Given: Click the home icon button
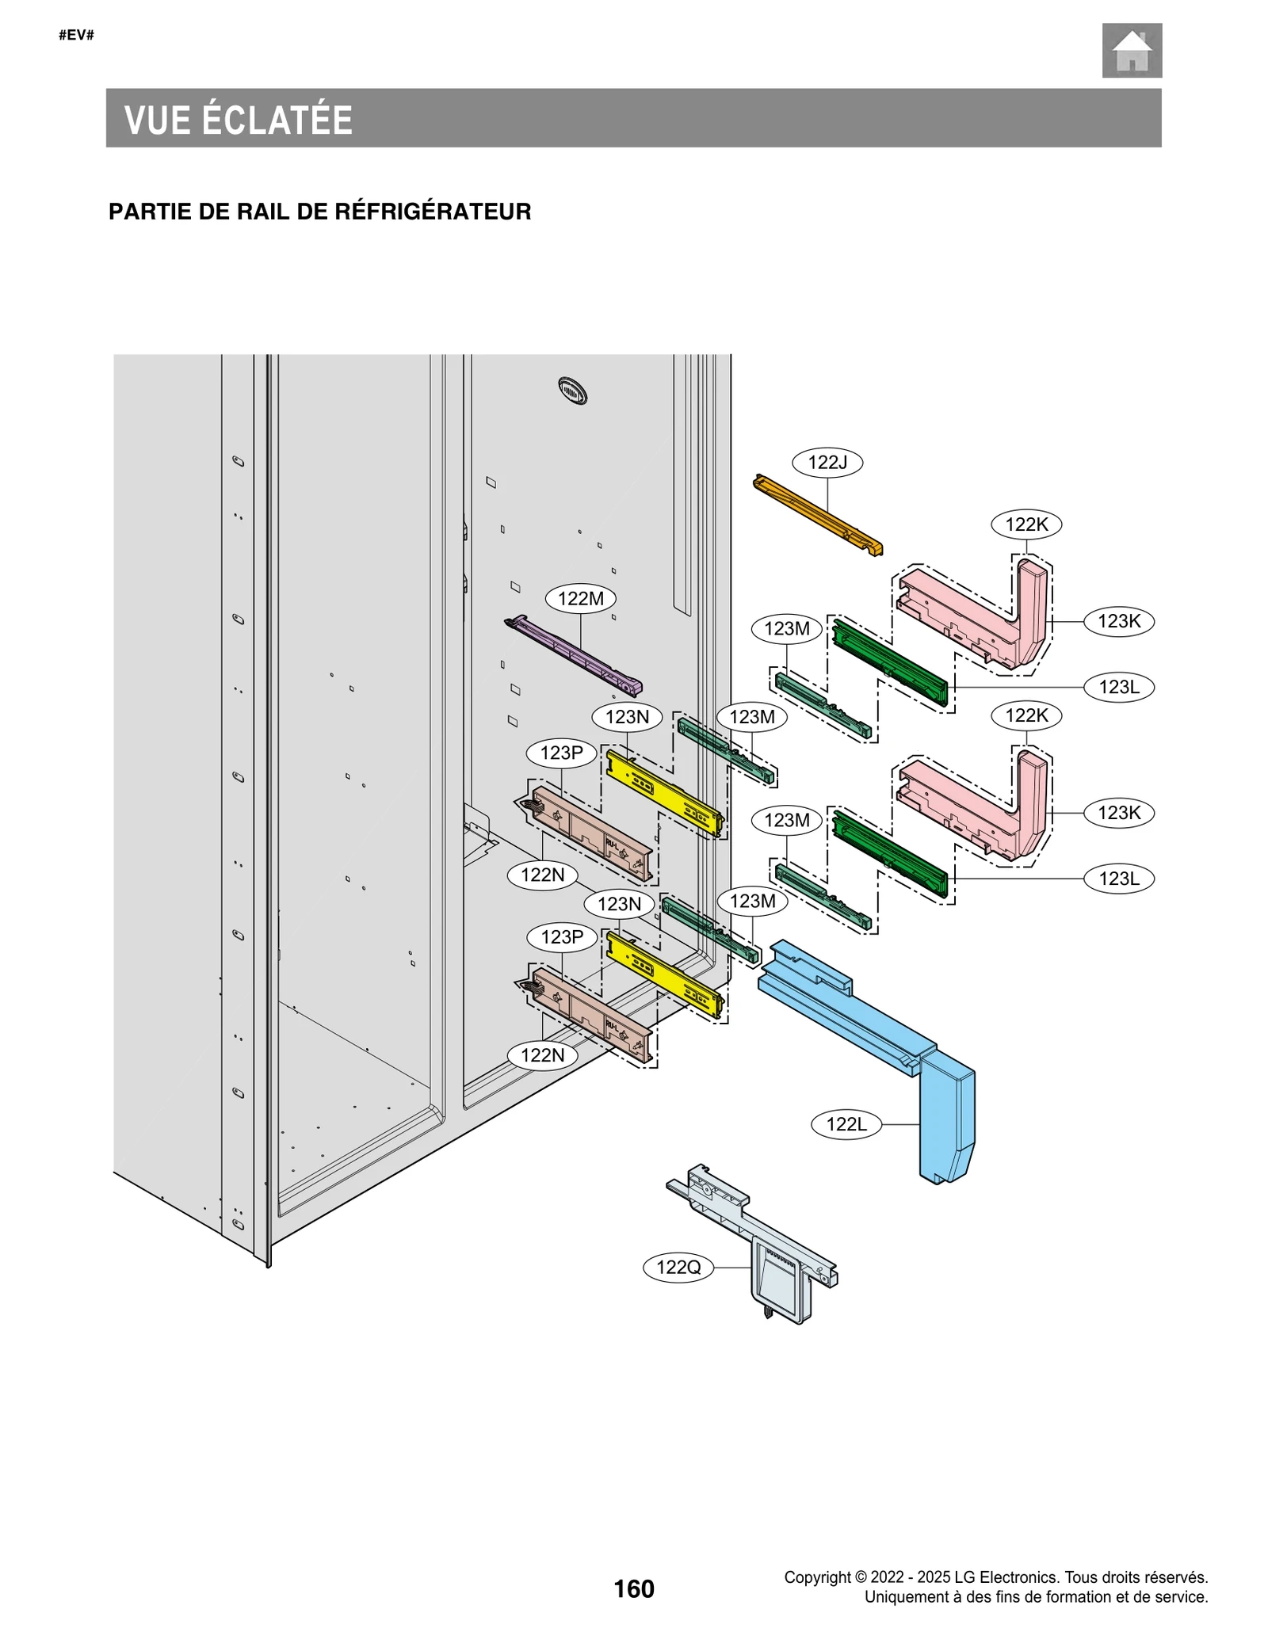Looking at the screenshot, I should (x=1131, y=51).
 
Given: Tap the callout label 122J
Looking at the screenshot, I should (x=827, y=463).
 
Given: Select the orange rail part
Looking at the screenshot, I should (x=816, y=514).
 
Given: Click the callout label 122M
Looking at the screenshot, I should (x=581, y=598).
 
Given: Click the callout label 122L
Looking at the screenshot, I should (x=846, y=1123).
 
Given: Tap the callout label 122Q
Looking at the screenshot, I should (x=678, y=1267).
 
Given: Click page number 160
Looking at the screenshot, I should (x=634, y=1588).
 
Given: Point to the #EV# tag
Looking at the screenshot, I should (x=76, y=35).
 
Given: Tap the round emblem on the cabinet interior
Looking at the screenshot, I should (x=572, y=391).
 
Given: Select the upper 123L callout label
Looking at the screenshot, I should (x=1119, y=687).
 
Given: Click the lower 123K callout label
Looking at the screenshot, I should (x=1119, y=812).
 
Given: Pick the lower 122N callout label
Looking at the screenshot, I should (x=543, y=1054).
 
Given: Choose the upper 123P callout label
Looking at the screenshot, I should (x=562, y=753).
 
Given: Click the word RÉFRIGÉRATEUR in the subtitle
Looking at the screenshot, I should (x=433, y=212).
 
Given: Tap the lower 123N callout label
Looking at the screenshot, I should (x=619, y=904).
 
